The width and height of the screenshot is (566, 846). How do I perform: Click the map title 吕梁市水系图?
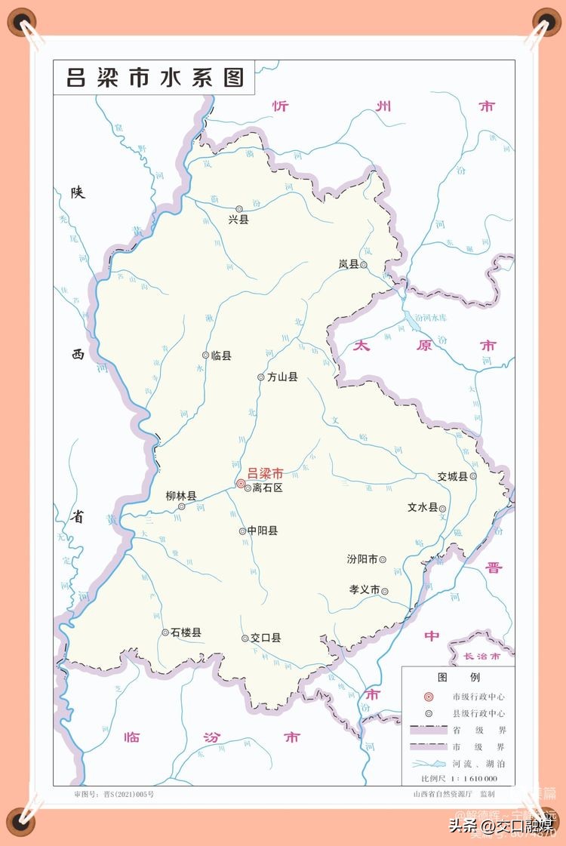click(155, 77)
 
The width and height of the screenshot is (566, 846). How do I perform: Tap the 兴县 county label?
click(238, 220)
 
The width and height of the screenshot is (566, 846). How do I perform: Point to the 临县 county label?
click(221, 355)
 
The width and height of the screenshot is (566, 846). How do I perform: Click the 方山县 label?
click(282, 377)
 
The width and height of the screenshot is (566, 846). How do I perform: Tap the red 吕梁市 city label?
click(265, 473)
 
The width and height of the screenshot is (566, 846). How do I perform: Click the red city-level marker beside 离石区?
click(241, 484)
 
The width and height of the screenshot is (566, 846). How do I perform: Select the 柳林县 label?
click(181, 496)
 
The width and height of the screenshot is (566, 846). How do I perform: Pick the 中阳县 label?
click(263, 531)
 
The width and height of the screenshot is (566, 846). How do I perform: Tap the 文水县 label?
click(423, 508)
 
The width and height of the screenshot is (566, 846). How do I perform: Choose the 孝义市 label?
click(364, 590)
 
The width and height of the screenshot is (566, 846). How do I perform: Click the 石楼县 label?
click(186, 632)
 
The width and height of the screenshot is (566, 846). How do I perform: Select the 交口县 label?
click(266, 638)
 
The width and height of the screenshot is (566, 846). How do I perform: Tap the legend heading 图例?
click(459, 677)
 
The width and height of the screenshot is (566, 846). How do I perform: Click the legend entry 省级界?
click(490, 730)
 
